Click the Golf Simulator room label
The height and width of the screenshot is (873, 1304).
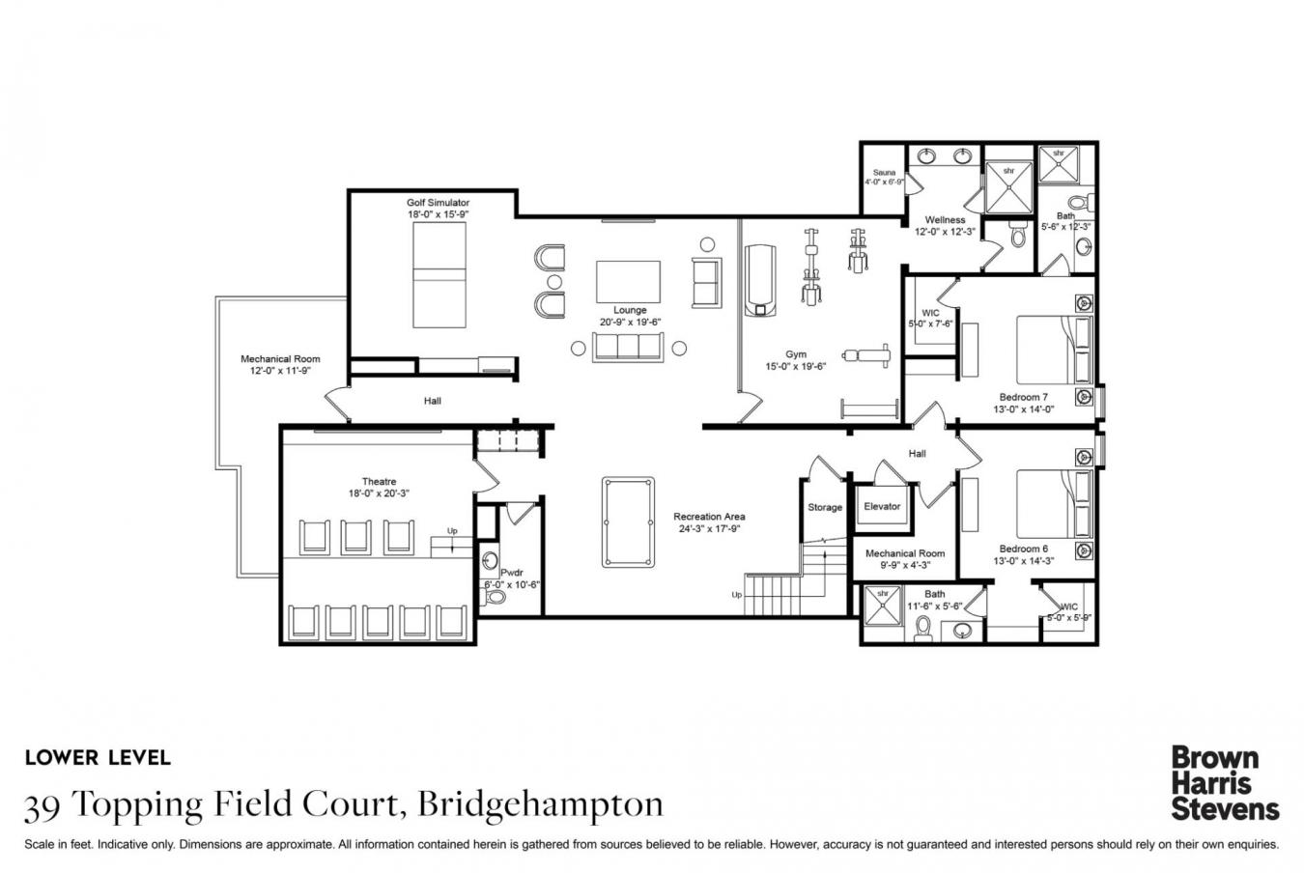point(438,203)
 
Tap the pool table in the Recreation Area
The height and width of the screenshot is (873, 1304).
point(627,521)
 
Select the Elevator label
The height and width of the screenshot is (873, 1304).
point(882,506)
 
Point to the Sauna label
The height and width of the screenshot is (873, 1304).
point(884,173)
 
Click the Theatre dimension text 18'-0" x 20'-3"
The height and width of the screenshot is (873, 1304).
point(378,493)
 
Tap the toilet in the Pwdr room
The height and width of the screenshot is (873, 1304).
point(496,597)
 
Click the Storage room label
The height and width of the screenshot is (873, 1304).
point(825,507)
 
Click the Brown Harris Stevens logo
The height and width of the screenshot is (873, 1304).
point(1224,782)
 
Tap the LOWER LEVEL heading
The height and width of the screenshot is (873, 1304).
point(98,758)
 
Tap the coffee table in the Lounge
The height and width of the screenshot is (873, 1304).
point(628,282)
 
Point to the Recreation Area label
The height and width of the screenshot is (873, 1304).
point(709,517)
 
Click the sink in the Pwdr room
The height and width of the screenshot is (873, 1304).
point(492,561)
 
